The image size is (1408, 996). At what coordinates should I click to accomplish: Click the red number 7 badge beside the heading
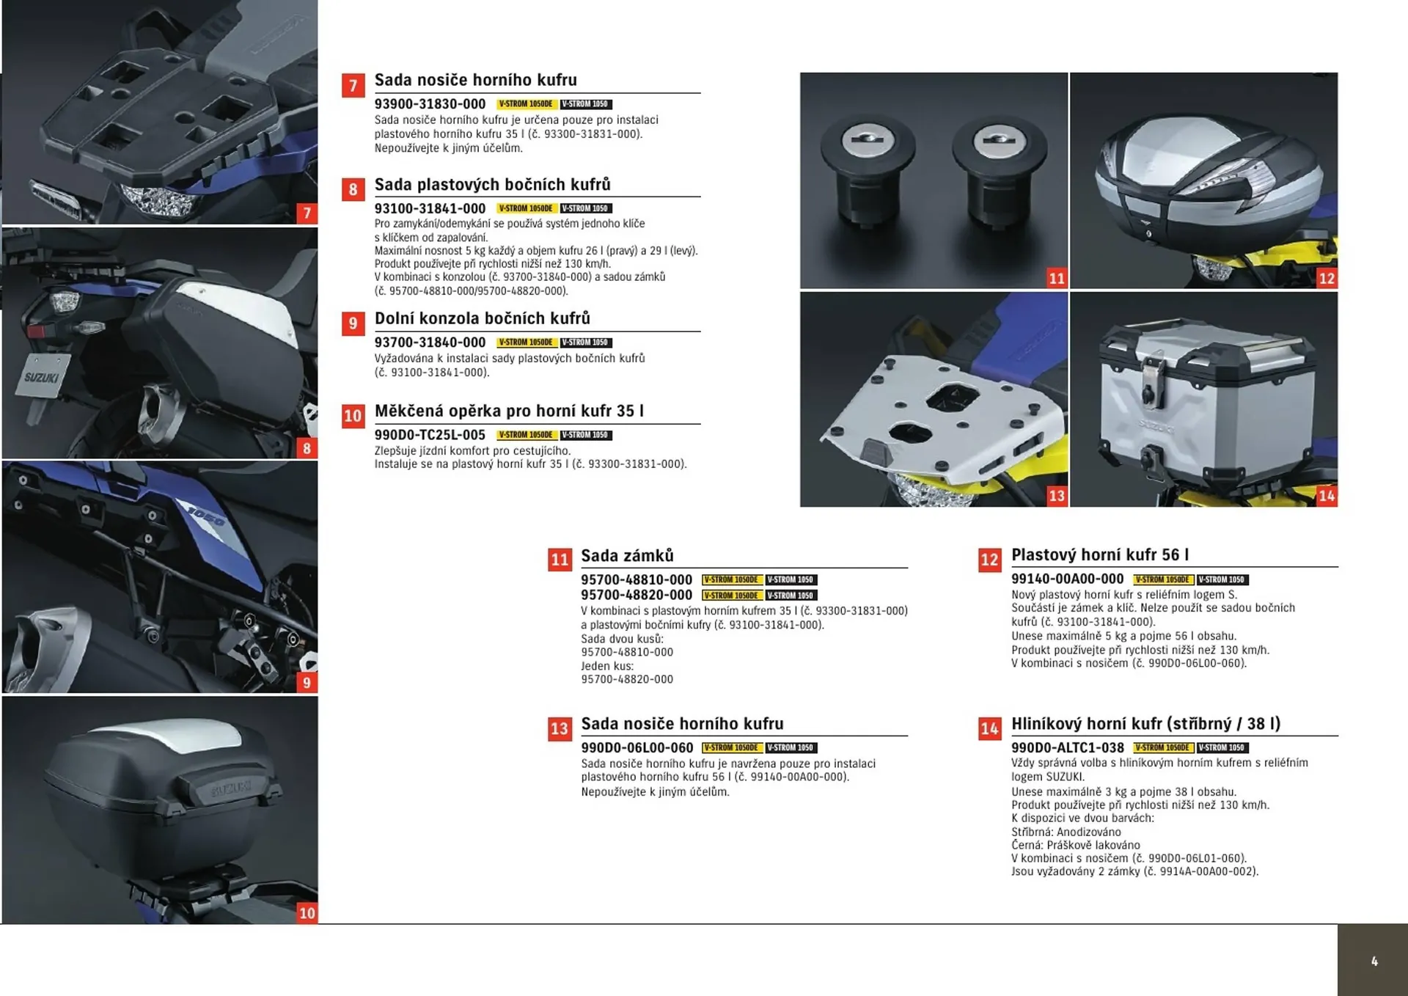click(353, 86)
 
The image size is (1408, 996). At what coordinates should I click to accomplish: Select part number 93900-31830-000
click(430, 104)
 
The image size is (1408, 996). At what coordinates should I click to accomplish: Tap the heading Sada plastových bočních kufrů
click(492, 185)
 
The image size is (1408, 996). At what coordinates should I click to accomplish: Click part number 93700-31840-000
click(430, 343)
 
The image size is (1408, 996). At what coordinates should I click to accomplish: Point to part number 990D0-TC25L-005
click(430, 435)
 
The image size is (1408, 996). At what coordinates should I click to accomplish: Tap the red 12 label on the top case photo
click(1327, 278)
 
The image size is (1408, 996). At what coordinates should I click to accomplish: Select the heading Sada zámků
click(627, 556)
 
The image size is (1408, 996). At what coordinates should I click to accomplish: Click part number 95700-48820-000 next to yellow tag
click(637, 596)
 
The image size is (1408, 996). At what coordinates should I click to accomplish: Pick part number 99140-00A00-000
click(1067, 579)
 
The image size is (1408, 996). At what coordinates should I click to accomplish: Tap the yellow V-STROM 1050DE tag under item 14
click(1162, 748)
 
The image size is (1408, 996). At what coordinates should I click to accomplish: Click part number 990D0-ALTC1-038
click(1067, 748)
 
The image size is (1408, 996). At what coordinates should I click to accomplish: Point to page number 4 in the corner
click(1374, 962)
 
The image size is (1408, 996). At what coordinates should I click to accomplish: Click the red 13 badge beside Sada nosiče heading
click(560, 729)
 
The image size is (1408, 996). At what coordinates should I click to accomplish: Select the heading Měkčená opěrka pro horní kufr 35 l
click(509, 411)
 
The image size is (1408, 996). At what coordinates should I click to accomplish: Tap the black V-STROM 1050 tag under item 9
click(586, 343)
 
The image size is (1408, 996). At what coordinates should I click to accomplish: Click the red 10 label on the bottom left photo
click(307, 913)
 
